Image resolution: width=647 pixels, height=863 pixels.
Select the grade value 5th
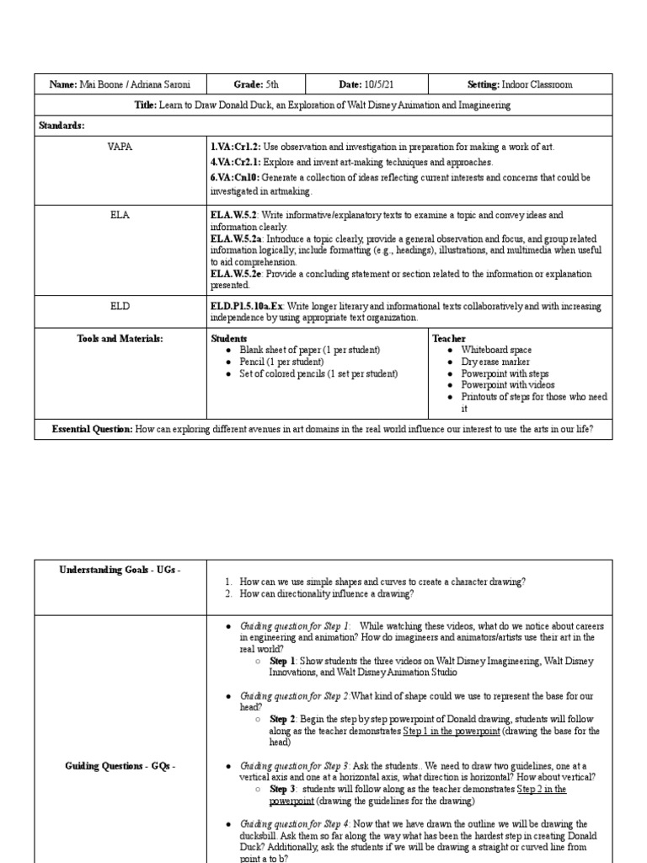[x=269, y=85]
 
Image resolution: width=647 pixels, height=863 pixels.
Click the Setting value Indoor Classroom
[x=537, y=85]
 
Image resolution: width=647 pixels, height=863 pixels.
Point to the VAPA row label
[x=120, y=147]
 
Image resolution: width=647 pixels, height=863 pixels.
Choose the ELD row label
[x=120, y=307]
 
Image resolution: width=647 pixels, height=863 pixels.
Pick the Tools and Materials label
[x=120, y=339]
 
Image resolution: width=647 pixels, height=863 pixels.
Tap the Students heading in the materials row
[x=230, y=339]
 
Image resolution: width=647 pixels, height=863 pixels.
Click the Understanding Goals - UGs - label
[x=120, y=571]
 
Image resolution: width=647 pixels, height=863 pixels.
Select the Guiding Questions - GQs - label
[x=120, y=765]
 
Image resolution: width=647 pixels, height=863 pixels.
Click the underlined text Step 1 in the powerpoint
[x=451, y=732]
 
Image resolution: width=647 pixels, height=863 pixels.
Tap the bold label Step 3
[x=282, y=790]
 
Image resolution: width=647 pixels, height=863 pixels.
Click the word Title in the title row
[x=148, y=105]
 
